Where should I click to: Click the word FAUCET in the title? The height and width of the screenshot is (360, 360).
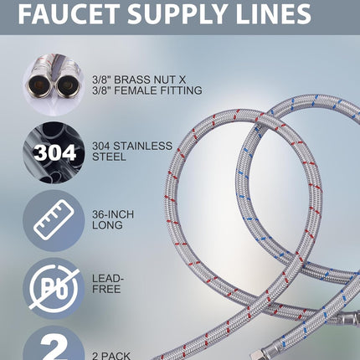[x=69, y=14]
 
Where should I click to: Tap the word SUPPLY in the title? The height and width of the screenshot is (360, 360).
[x=178, y=14]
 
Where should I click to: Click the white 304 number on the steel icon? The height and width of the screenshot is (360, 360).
[x=54, y=152]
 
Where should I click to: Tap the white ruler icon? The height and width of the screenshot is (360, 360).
[x=54, y=219]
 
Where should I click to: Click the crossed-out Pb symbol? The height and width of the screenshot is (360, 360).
[x=54, y=288]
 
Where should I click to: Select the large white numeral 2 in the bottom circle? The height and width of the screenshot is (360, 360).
[x=54, y=346]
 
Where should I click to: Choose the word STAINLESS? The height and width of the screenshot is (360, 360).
[x=142, y=146]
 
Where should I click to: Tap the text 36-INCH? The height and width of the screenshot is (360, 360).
[x=113, y=214]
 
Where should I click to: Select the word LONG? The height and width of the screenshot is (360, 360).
[x=107, y=225]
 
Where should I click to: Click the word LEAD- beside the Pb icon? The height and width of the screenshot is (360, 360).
[x=108, y=278]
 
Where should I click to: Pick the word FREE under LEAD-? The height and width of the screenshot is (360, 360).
[x=106, y=289]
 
